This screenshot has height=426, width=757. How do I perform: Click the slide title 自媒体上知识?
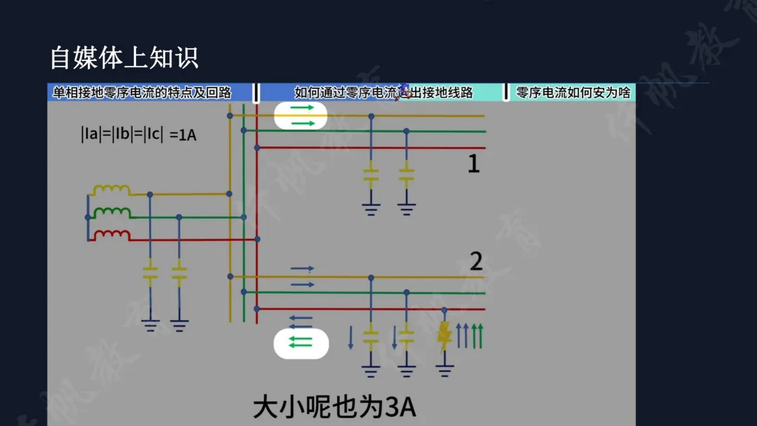(x=124, y=58)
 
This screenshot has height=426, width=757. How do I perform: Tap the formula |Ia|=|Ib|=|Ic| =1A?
(x=138, y=135)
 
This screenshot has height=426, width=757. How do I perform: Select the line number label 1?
(x=474, y=164)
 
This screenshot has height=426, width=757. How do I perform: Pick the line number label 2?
(x=476, y=261)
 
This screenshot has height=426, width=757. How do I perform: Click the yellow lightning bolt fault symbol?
(x=444, y=336)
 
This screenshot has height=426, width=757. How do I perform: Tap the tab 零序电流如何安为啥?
(x=573, y=92)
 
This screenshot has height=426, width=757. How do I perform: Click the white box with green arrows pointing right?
(x=301, y=116)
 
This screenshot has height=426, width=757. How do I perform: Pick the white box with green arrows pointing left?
(x=301, y=343)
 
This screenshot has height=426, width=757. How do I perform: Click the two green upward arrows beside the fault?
(x=477, y=336)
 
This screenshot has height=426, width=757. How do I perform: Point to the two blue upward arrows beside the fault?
(x=463, y=336)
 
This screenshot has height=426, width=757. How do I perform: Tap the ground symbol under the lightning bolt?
(x=444, y=368)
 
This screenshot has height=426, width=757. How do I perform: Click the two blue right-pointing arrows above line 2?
(x=302, y=276)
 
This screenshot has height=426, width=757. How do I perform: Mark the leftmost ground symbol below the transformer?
(x=150, y=324)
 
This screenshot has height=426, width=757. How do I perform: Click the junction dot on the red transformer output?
(x=257, y=239)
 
